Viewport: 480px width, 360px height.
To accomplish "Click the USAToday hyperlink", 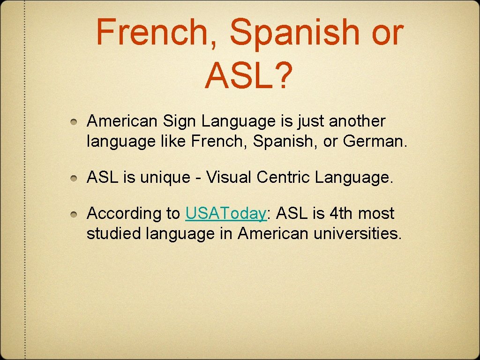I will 226,214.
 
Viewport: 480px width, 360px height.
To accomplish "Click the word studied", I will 113,233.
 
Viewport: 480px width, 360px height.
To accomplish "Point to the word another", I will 357,121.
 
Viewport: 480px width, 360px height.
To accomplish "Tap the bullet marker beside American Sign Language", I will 74,122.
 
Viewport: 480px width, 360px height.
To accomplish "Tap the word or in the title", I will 389,32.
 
